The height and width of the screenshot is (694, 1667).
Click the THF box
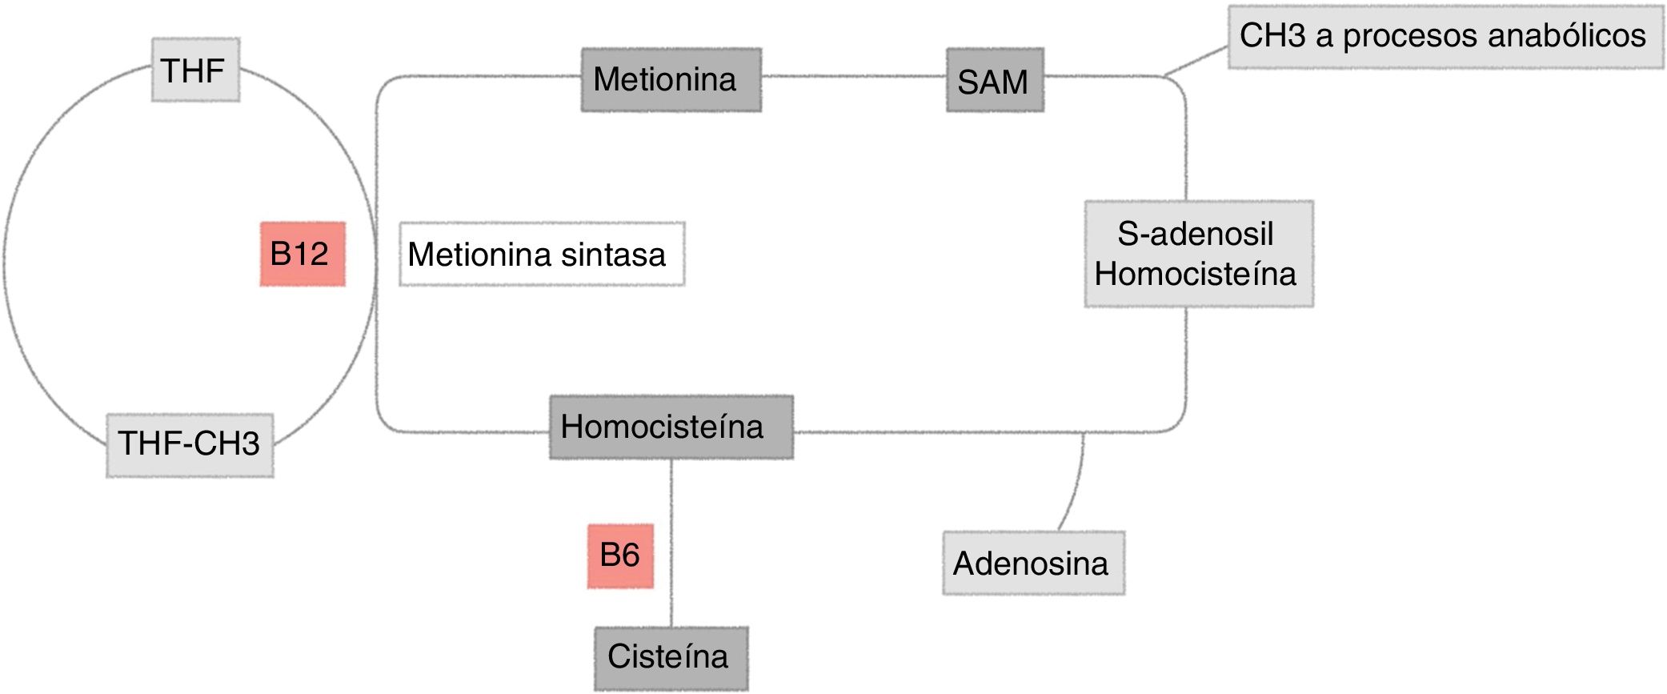pyautogui.click(x=195, y=70)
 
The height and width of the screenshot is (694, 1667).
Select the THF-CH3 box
pyautogui.click(x=190, y=445)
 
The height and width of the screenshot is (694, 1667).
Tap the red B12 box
pyautogui.click(x=303, y=254)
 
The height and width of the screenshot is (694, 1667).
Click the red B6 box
pyautogui.click(x=620, y=556)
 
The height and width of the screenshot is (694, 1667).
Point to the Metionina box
pyautogui.click(x=671, y=79)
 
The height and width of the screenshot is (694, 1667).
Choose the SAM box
pyautogui.click(x=995, y=80)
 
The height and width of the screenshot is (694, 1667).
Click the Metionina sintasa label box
pyautogui.click(x=542, y=255)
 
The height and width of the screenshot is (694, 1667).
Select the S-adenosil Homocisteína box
pyautogui.click(x=1198, y=254)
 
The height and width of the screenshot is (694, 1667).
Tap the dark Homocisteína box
pyautogui.click(x=671, y=427)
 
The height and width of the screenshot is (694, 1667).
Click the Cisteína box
pyautogui.click(x=671, y=658)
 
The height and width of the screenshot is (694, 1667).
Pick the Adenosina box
pyautogui.click(x=1032, y=563)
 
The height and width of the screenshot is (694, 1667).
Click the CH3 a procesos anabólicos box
pyautogui.click(x=1445, y=36)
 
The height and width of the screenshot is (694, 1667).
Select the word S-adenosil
pyautogui.click(x=1195, y=234)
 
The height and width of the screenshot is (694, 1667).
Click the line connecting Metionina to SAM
pyautogui.click(x=853, y=77)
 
